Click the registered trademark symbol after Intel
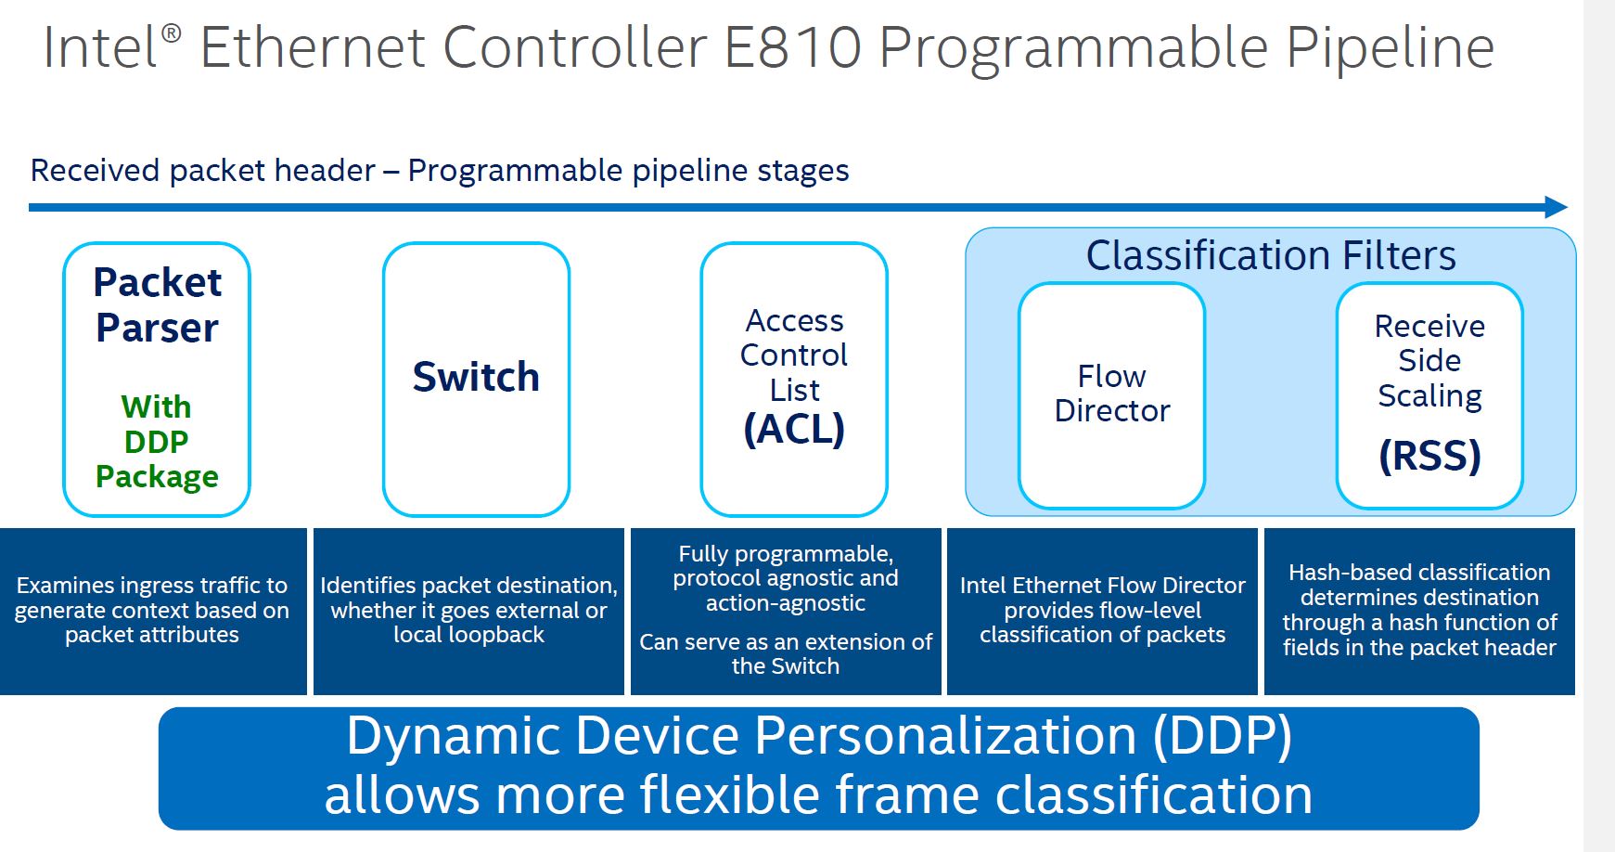pyautogui.click(x=172, y=34)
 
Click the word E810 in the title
pyautogui.click(x=793, y=48)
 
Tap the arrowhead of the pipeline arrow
pyautogui.click(x=1556, y=207)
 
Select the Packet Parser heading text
pyautogui.click(x=157, y=304)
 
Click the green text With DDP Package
pyautogui.click(x=157, y=441)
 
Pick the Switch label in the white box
pyautogui.click(x=476, y=377)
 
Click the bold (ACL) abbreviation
pyautogui.click(x=794, y=429)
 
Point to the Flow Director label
pyautogui.click(x=1112, y=394)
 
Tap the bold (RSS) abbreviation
pyautogui.click(x=1429, y=456)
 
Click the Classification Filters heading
pyautogui.click(x=1271, y=255)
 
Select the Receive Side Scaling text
pyautogui.click(x=1429, y=360)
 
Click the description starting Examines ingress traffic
pyautogui.click(x=152, y=610)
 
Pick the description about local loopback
pyautogui.click(x=468, y=610)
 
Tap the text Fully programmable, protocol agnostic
pyautogui.click(x=786, y=578)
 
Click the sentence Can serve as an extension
pyautogui.click(x=786, y=653)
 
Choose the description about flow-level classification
pyautogui.click(x=1102, y=610)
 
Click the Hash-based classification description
pyautogui.click(x=1419, y=610)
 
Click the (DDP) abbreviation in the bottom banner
pyautogui.click(x=1222, y=737)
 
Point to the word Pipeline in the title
pyautogui.click(x=1390, y=48)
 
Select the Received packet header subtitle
pyautogui.click(x=440, y=171)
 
